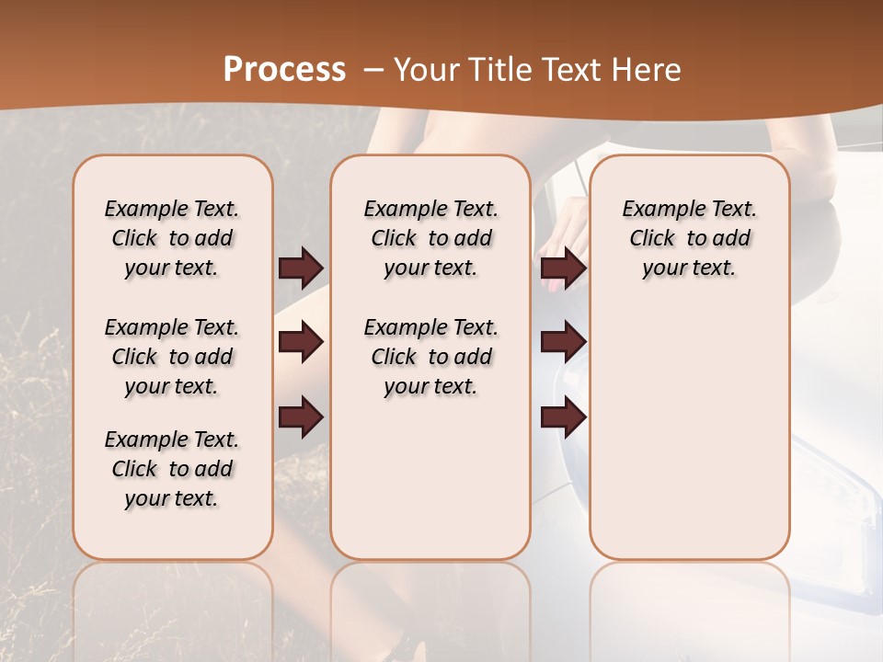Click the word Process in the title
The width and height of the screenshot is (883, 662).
pos(284,70)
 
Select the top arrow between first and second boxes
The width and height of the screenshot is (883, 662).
pos(301,268)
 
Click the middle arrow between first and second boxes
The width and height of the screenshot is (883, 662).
pos(301,342)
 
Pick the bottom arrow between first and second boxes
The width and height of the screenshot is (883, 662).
pos(301,417)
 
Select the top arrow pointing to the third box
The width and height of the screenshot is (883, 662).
pos(563,268)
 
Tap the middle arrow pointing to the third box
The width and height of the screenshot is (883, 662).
pos(563,342)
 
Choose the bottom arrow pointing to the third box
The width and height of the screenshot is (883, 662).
pos(563,417)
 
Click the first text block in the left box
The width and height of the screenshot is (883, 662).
pos(172,238)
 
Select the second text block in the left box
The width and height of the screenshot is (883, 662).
pos(172,357)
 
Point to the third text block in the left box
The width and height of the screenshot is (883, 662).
pos(172,469)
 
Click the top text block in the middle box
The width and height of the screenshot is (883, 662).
pos(430,238)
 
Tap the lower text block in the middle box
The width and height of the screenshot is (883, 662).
pos(430,357)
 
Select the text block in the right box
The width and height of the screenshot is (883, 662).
pos(689,238)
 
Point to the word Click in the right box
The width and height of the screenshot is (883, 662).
pos(652,239)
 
